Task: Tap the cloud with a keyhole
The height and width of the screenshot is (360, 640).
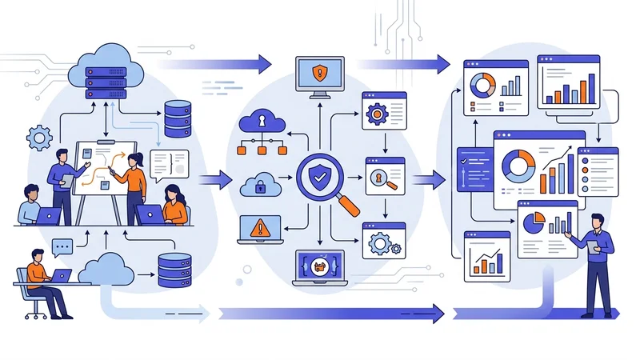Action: click(x=262, y=122)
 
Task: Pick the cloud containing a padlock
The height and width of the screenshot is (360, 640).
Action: click(x=260, y=185)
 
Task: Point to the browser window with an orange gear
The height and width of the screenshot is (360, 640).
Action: click(x=383, y=112)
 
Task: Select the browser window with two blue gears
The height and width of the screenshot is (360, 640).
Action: click(x=383, y=240)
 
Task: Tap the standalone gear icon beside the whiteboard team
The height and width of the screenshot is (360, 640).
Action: click(x=38, y=138)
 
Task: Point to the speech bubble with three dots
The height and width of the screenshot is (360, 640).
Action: click(x=62, y=245)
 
